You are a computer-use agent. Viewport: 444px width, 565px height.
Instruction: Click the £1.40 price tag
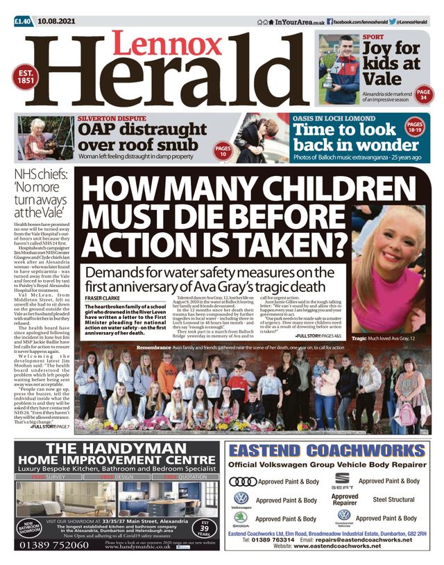click(23, 22)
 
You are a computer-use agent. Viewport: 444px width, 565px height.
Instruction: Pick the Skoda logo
click(241, 520)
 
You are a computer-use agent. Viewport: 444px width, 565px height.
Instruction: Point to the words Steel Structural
click(394, 499)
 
